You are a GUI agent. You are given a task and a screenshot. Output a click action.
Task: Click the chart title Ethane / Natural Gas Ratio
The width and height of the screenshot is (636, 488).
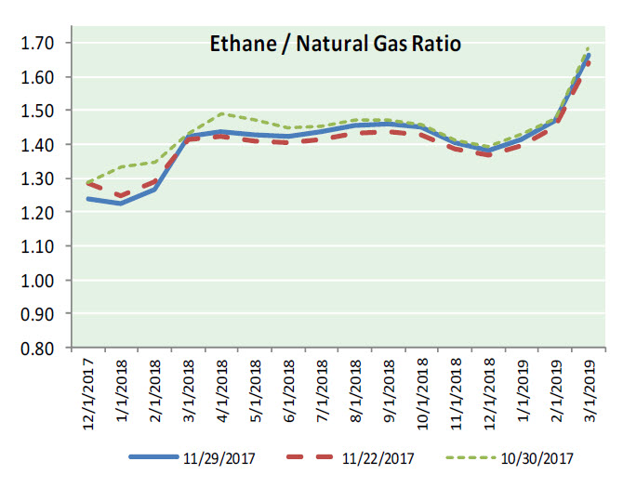[334, 44]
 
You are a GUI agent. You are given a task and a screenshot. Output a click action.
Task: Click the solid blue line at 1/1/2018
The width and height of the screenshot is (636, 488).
[120, 203]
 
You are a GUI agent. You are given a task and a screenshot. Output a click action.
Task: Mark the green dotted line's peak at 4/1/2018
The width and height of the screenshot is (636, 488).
[220, 114]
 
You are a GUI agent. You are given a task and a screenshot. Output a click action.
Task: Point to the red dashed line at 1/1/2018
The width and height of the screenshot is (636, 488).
[120, 196]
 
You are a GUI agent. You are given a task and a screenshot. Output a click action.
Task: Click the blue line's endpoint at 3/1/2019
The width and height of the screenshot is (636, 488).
[588, 55]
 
